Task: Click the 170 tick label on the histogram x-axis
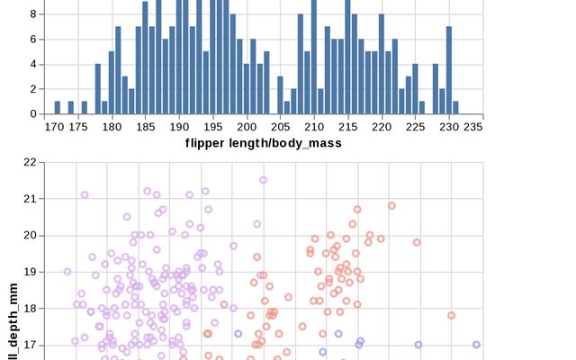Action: tap(55, 128)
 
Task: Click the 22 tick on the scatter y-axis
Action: tap(29, 162)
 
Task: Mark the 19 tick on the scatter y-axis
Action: tap(29, 271)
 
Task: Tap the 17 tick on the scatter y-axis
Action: tap(29, 344)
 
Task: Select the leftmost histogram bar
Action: tap(58, 107)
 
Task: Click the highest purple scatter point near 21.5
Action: tap(264, 180)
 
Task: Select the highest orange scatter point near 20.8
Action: tap(391, 205)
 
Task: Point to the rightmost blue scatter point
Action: tap(476, 344)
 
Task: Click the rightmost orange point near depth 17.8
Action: tap(451, 315)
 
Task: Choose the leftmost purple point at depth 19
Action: tap(67, 271)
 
